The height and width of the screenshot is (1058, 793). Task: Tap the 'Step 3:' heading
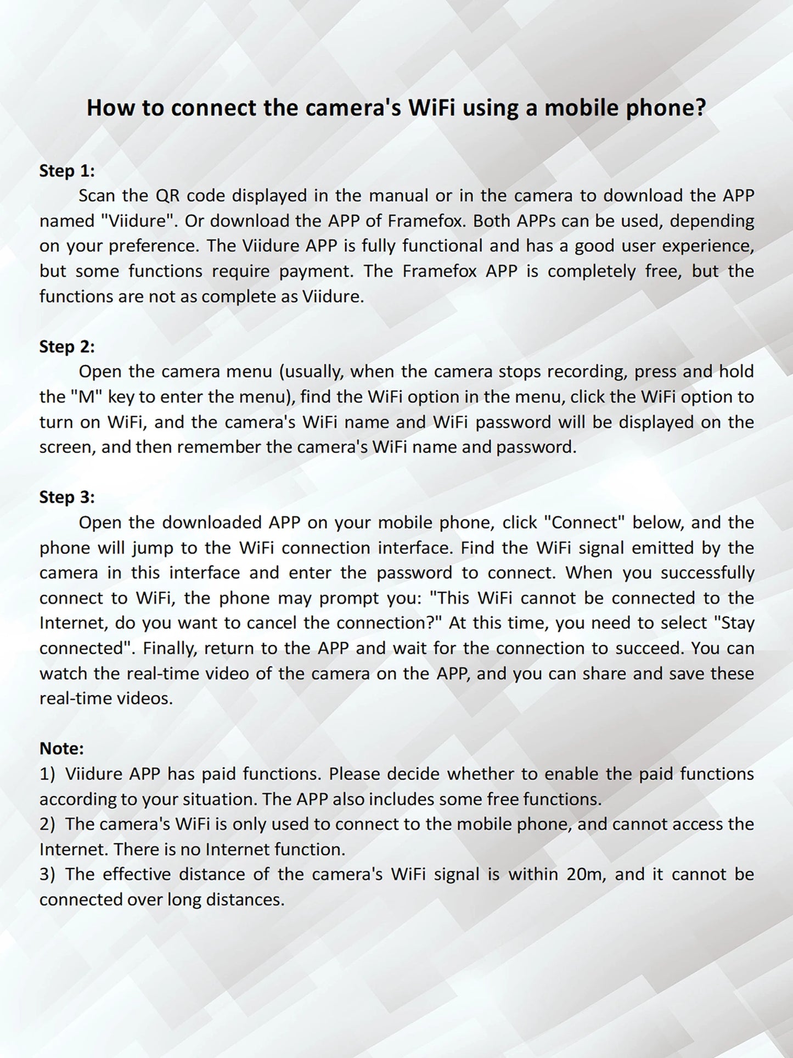(67, 497)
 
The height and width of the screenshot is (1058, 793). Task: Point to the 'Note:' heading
(61, 748)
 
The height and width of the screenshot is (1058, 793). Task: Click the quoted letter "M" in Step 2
(87, 396)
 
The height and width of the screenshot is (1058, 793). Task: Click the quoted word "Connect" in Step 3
(584, 522)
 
